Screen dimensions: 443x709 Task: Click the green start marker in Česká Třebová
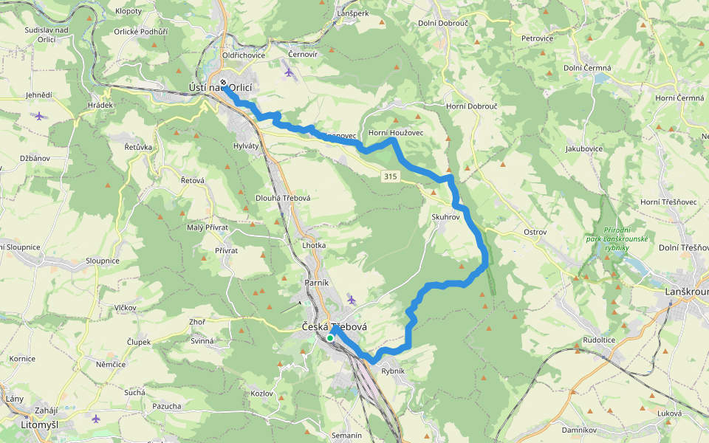(x=329, y=338)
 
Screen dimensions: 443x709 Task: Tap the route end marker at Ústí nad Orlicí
(x=222, y=82)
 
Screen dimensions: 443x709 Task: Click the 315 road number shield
(x=391, y=176)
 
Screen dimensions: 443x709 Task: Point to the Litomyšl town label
(x=40, y=425)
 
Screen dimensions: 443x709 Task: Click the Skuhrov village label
(x=445, y=218)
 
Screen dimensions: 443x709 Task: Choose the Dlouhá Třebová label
(x=283, y=198)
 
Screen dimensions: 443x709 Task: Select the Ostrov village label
(x=534, y=233)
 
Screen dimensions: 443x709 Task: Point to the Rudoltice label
(x=599, y=340)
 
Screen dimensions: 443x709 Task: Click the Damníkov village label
(x=579, y=429)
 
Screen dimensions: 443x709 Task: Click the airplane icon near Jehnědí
(x=40, y=115)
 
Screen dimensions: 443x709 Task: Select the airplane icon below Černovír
(x=288, y=72)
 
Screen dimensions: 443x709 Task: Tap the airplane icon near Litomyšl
(x=96, y=419)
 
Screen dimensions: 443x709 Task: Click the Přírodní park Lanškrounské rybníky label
(x=616, y=238)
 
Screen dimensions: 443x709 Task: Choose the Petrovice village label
(x=537, y=38)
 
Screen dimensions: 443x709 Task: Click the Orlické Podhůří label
(x=140, y=32)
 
